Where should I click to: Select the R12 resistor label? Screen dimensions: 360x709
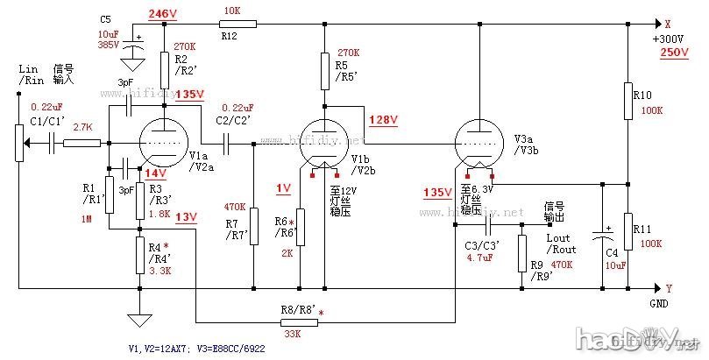click(x=229, y=37)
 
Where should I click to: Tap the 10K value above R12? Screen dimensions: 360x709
click(x=231, y=11)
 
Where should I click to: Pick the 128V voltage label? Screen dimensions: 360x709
click(x=382, y=119)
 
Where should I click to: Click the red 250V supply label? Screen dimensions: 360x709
click(x=675, y=53)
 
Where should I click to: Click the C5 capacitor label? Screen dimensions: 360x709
click(x=105, y=18)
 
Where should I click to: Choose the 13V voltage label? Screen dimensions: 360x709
click(x=186, y=216)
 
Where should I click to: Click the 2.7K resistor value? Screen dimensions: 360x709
click(x=83, y=127)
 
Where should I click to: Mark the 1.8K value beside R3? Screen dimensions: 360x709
click(x=159, y=213)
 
